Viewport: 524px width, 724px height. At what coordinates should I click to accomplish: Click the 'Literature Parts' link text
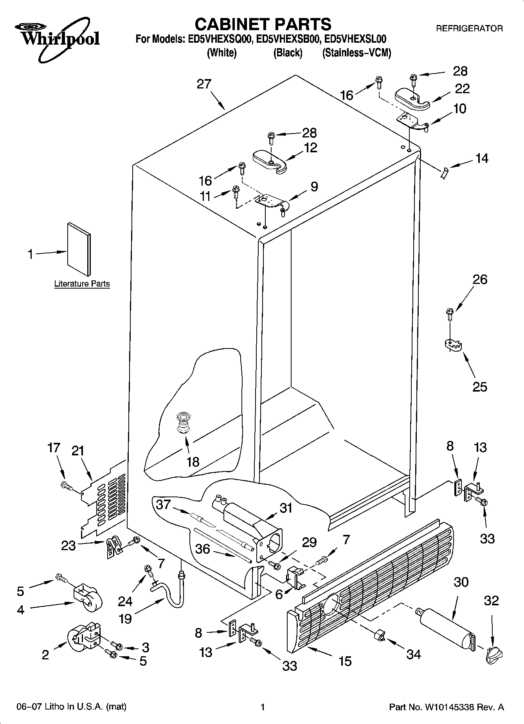point(82,284)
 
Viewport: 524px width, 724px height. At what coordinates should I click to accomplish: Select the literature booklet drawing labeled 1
point(79,249)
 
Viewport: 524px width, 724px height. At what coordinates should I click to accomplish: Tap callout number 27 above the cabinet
point(204,84)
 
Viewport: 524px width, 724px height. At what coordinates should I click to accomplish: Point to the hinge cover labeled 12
point(270,161)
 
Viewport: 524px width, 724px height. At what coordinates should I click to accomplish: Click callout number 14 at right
point(482,158)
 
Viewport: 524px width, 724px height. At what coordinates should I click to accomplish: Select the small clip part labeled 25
point(453,345)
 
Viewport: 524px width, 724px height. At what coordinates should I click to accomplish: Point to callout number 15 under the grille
point(345,661)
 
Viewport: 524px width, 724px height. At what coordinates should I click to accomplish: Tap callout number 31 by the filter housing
point(286,507)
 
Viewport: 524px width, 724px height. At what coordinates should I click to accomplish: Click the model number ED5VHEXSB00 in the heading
point(289,39)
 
